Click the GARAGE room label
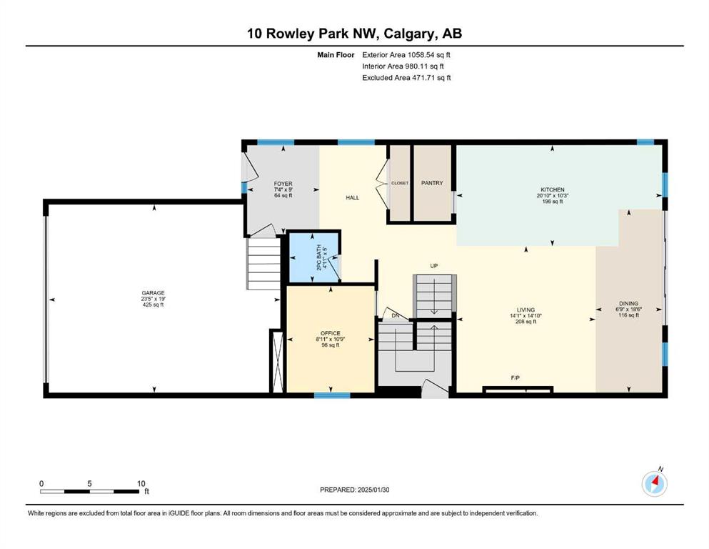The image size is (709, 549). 153,293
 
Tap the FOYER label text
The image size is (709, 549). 283,184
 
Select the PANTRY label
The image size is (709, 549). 432,183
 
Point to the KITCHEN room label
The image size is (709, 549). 553,189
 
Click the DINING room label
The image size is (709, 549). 628,303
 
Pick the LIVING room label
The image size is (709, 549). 526,310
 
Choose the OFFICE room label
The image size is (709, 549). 330,333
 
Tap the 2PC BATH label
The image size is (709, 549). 318,258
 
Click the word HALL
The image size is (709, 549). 352,197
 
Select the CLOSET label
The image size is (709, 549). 400,183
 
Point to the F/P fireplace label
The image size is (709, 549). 515,377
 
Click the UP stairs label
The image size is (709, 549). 433,266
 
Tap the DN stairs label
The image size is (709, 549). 395,315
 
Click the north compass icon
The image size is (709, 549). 654,483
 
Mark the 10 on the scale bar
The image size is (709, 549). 141,483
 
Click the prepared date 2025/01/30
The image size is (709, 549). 373,490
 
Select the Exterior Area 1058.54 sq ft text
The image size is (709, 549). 406,55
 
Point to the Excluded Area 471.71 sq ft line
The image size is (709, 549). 406,77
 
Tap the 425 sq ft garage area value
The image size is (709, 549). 153,305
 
